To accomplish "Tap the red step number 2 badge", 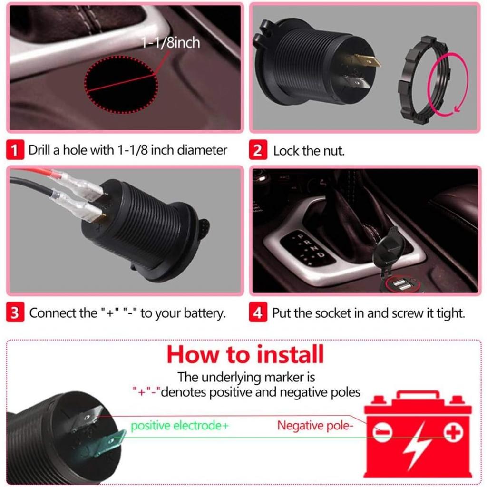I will click(257, 151).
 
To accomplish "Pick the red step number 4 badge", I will click(257, 313).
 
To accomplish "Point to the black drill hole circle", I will click(121, 85).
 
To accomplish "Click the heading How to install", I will click(245, 354).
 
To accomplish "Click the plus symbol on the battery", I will click(452, 432).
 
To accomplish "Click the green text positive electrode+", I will click(179, 425).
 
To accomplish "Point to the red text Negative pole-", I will click(315, 425).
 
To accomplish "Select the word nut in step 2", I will click(334, 151).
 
